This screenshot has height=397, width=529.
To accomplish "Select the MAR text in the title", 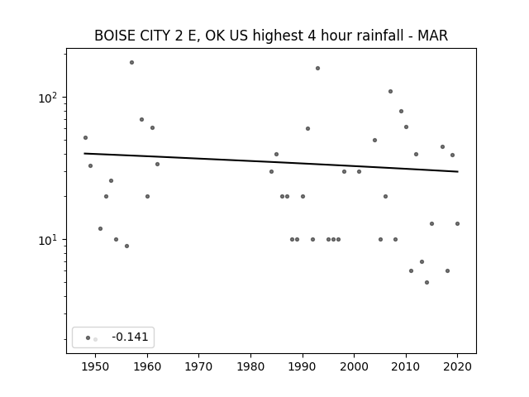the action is click(433, 36).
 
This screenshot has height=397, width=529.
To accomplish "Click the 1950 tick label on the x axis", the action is click(96, 366).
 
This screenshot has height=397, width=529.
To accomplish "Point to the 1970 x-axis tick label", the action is click(198, 366).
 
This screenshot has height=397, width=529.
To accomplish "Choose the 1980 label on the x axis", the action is click(250, 366).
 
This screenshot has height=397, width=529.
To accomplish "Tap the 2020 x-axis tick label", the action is click(457, 366).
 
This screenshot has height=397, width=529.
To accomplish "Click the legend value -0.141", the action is click(130, 337).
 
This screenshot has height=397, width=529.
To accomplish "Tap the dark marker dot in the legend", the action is click(88, 338).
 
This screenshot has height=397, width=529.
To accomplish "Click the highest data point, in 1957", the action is click(132, 63).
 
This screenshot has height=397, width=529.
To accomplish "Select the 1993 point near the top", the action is click(317, 68).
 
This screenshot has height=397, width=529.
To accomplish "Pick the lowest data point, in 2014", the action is click(427, 282).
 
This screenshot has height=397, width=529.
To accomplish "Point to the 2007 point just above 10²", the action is click(390, 92).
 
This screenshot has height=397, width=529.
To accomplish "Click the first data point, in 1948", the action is click(85, 138).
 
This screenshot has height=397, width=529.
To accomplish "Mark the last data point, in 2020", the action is click(457, 223).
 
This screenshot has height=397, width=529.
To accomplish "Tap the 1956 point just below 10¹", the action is click(126, 246).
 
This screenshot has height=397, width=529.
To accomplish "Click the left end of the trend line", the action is click(84, 154).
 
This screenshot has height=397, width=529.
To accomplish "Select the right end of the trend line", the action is click(458, 171).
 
